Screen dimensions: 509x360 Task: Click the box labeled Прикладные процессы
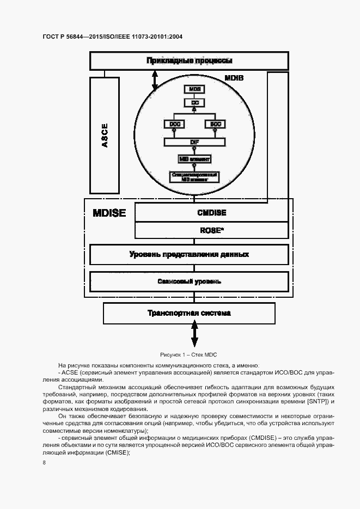pos(189,60)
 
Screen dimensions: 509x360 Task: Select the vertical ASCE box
pos(105,135)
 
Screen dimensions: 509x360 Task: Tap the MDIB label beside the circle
pos(234,78)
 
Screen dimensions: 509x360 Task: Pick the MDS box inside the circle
pos(194,89)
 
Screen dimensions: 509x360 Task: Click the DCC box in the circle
pos(174,124)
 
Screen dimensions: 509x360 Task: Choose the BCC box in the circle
pos(214,124)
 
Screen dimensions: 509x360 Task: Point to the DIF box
pos(194,142)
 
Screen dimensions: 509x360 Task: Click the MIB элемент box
pos(194,159)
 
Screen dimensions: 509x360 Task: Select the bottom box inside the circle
pos(194,176)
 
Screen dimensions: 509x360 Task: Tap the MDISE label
pos(109,213)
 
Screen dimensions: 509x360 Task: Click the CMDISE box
pos(211,213)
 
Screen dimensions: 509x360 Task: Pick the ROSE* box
pos(211,230)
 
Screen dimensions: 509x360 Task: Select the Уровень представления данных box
pos(189,254)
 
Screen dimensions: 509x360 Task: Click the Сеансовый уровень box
pos(189,281)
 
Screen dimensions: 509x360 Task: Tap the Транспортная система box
pos(189,313)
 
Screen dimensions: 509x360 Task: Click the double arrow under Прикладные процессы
pos(155,81)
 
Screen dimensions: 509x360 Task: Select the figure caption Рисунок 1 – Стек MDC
pos(188,354)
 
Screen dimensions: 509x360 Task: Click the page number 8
pos(44,463)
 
